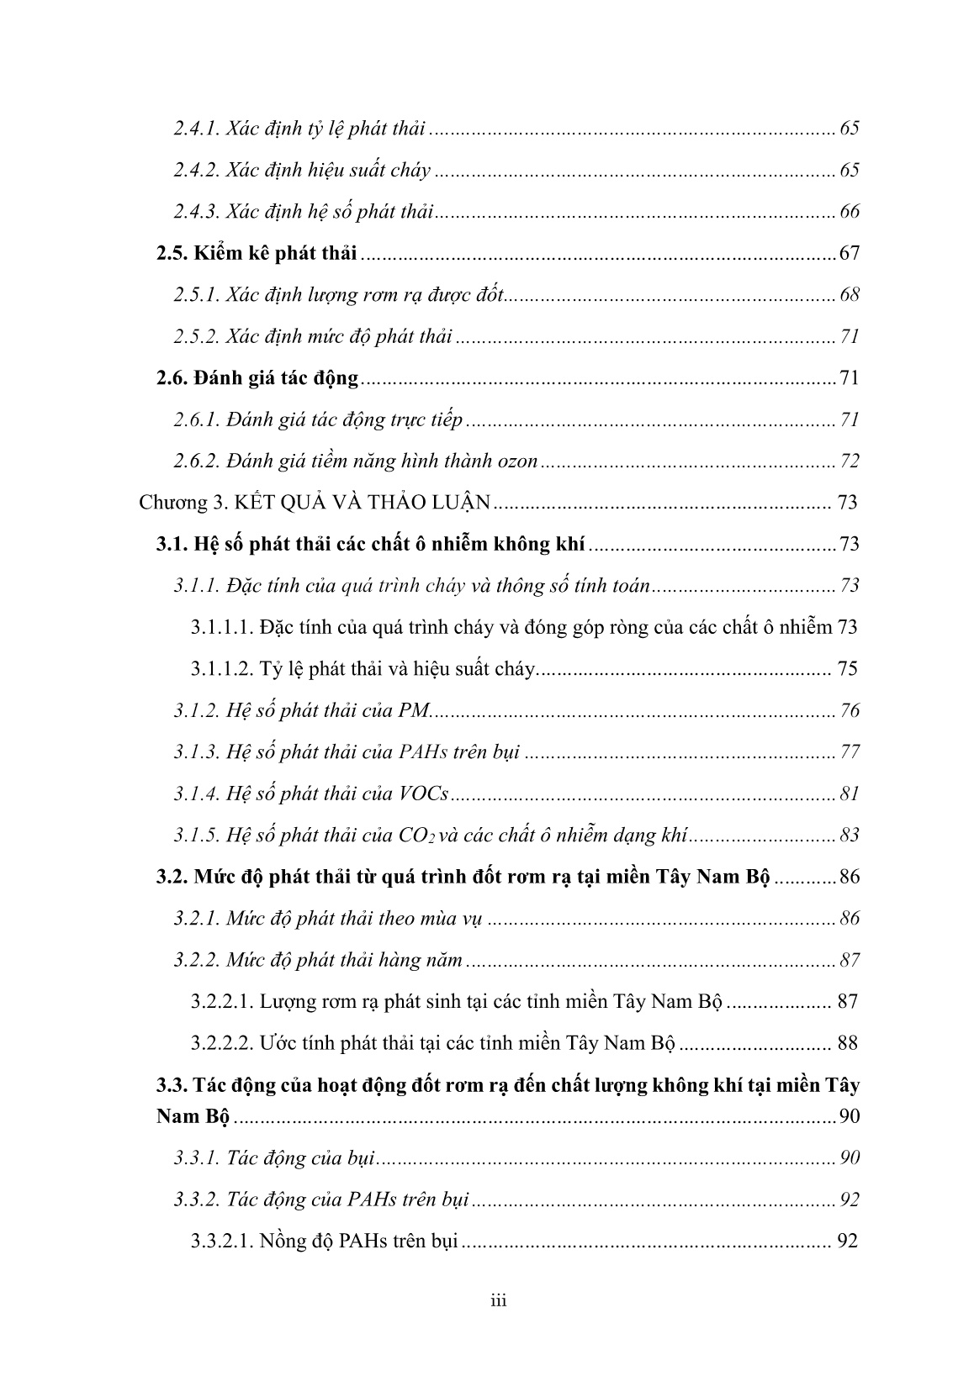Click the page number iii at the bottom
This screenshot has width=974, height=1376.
499,1302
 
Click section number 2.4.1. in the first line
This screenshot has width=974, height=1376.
197,129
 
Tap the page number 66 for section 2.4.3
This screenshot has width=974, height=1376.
850,211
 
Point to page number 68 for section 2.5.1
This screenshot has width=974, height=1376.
850,295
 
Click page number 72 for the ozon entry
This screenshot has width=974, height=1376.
850,461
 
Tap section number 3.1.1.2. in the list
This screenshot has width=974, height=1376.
221,669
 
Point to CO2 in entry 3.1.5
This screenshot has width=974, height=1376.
414,836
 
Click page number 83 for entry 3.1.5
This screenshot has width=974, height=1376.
850,836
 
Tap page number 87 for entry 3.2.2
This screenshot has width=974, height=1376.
850,960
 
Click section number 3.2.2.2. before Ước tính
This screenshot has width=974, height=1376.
221,1043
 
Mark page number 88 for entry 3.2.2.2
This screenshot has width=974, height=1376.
847,1043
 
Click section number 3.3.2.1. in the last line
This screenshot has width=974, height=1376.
221,1241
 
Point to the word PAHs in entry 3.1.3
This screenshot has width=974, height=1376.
414,752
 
